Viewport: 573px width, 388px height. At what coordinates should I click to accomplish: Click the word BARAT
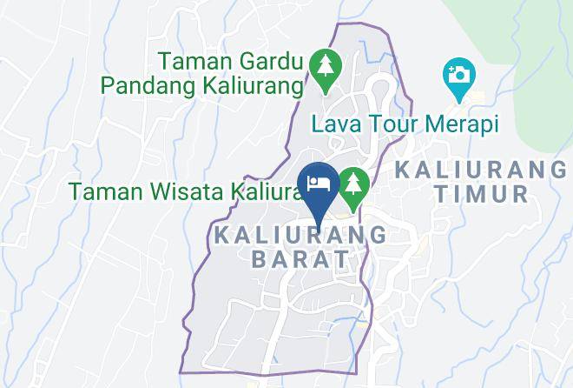coord(300,258)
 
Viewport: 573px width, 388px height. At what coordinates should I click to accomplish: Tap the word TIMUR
coord(482,193)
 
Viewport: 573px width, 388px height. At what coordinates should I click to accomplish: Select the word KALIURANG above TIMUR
coord(482,169)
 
